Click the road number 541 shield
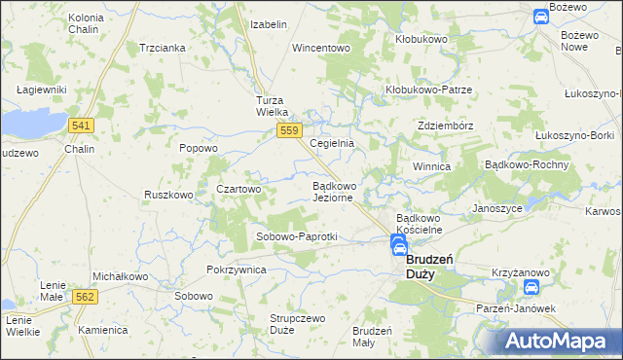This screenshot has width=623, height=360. pos(82,126)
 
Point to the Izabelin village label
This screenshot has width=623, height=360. pos(269,24)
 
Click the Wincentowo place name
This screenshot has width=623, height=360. pos(320,47)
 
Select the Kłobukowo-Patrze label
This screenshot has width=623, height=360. pos(428,90)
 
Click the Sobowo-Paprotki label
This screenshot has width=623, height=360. pos(296,236)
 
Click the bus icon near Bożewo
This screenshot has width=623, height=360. pos(541,16)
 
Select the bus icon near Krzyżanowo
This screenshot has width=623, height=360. pos(531,288)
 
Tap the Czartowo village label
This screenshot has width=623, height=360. pos(238,189)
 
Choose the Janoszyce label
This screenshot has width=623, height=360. pos(497,208)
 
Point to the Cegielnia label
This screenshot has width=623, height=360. pos(331,143)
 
